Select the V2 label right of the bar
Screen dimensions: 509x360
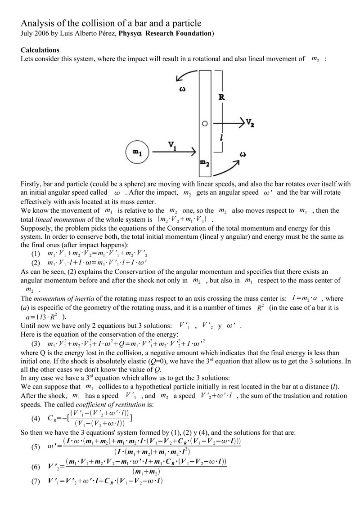(251, 122)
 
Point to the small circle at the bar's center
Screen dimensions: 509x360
(204, 123)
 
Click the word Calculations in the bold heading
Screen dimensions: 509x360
(40, 50)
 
